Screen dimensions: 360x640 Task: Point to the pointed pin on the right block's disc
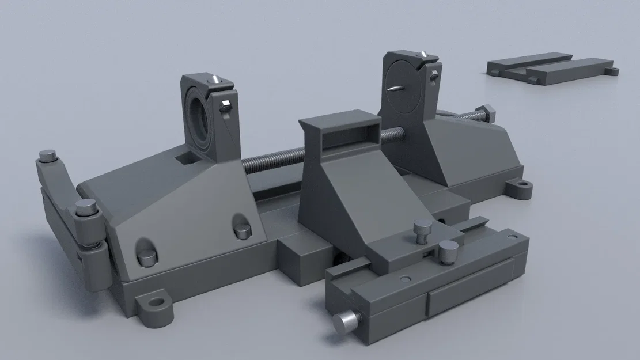coord(396,89)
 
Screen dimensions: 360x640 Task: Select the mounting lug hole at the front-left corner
coord(155,302)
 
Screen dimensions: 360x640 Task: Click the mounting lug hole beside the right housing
coord(522,186)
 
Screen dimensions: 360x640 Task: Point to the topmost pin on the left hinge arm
coord(47,156)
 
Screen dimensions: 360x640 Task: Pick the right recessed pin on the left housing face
coord(243,229)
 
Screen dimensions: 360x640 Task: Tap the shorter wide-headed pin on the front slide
coord(448,249)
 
